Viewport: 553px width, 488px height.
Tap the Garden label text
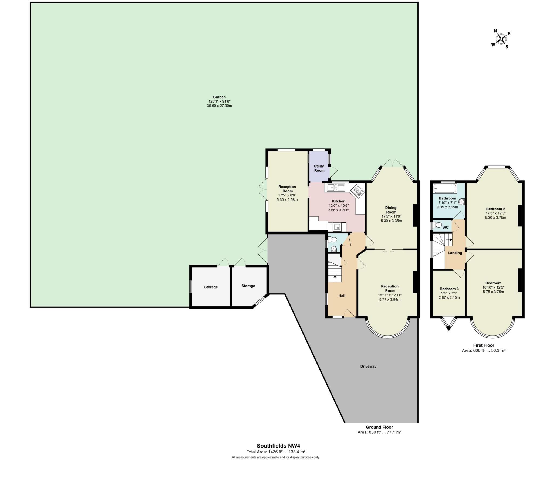(219, 97)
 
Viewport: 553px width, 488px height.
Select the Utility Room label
(319, 168)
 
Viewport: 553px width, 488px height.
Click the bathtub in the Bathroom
(444, 188)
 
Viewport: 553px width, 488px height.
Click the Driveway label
(368, 366)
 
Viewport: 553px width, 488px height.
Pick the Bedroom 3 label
(449, 289)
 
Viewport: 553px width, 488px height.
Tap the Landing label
(455, 253)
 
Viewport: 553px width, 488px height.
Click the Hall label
(342, 296)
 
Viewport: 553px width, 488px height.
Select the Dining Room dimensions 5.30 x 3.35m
(391, 221)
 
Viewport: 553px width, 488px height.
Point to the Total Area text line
(276, 452)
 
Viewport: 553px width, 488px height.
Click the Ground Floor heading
(379, 427)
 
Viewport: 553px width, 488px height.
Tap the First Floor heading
(483, 345)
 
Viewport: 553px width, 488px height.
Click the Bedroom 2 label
(495, 209)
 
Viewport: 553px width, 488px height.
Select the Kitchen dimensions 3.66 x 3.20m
(338, 210)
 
